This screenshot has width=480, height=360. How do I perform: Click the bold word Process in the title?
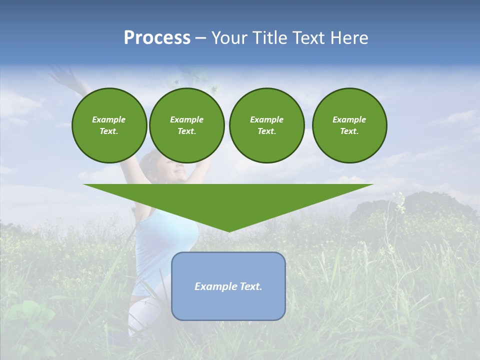tap(157, 38)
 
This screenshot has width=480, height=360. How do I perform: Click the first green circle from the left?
tap(109, 125)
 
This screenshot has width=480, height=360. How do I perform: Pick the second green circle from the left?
tap(186, 125)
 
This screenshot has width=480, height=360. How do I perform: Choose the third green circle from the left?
tap(266, 125)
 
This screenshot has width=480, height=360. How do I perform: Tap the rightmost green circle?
tap(349, 125)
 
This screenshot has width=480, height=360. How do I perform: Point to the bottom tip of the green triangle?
tap(228, 230)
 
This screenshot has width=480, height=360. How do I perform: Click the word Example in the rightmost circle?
tap(349, 119)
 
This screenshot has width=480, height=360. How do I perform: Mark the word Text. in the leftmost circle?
tap(109, 131)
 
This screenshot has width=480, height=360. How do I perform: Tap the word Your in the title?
tap(228, 38)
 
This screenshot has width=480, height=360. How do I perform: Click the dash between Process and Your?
tap(200, 38)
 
